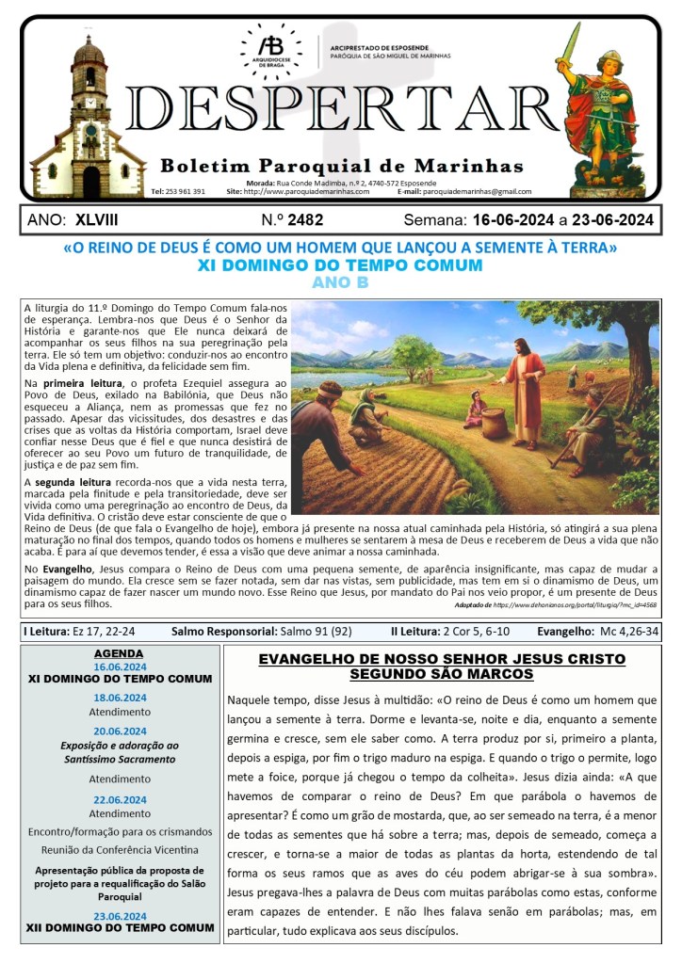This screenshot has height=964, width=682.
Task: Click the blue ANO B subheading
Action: point(340,282)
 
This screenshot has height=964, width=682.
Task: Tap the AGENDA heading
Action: point(119,652)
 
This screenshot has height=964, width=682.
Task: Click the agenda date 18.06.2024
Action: point(120,698)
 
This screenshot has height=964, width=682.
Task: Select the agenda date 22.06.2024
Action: point(120,799)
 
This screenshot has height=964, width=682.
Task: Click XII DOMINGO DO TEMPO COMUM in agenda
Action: point(120,927)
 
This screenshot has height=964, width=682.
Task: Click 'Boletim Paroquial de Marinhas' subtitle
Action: point(341,167)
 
